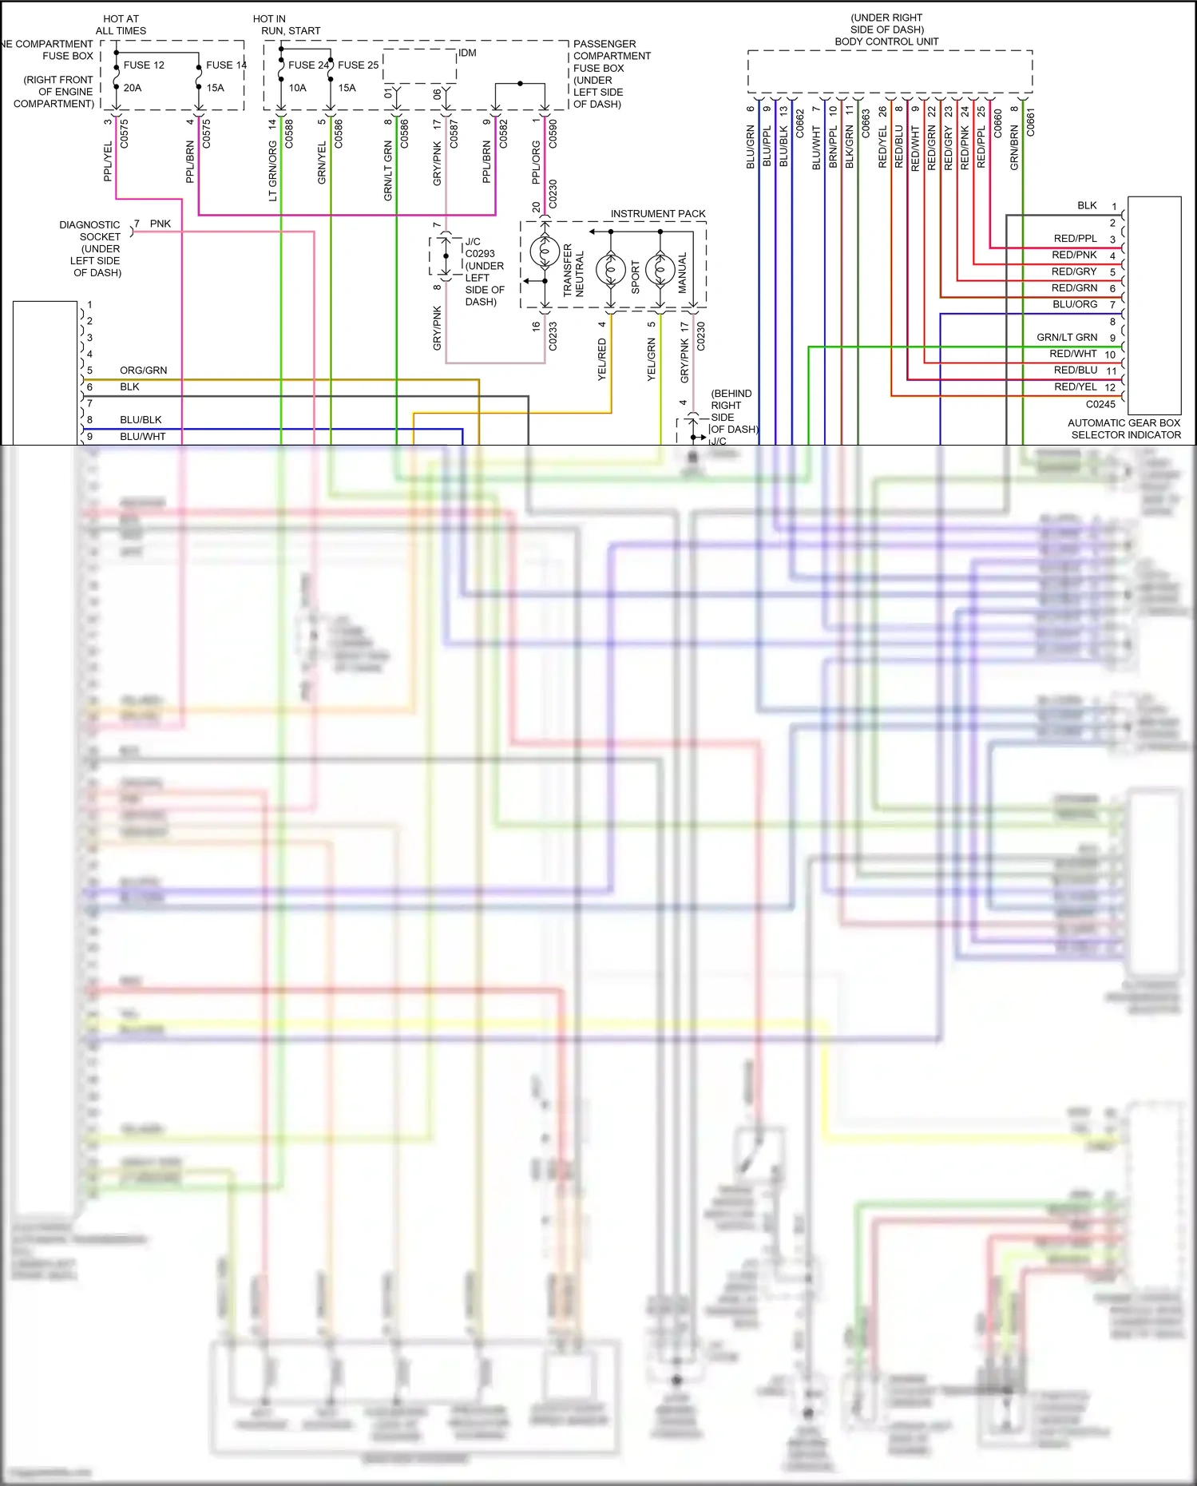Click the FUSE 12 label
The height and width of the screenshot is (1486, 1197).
(144, 65)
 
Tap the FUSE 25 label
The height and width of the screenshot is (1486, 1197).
(358, 65)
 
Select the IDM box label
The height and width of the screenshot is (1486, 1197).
(467, 53)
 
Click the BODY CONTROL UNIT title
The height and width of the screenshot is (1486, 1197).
(886, 42)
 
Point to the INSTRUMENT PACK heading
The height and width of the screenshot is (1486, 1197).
(658, 214)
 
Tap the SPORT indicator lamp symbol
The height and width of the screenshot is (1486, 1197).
(611, 271)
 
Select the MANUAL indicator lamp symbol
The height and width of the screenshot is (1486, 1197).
(660, 271)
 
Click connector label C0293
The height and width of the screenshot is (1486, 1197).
(480, 254)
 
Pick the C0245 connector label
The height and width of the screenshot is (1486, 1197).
(1100, 404)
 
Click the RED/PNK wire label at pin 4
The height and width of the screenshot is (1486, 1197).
(1074, 255)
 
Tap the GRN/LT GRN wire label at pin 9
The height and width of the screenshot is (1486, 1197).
(1067, 337)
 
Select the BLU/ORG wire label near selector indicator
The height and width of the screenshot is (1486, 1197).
(1075, 304)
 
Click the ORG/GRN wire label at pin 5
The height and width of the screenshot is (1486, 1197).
(144, 371)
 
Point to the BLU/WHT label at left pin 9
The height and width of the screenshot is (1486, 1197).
(143, 437)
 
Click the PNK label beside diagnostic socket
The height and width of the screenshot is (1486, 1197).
(161, 224)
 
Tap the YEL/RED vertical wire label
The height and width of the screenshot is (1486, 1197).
(602, 359)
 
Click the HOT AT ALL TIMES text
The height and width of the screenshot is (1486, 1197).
(121, 25)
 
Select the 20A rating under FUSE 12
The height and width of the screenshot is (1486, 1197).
(133, 88)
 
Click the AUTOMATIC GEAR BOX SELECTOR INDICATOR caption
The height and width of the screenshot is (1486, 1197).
(1124, 429)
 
